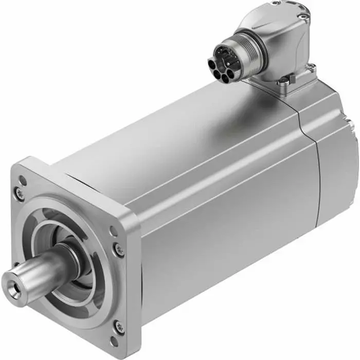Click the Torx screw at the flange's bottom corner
coord(119,327)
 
